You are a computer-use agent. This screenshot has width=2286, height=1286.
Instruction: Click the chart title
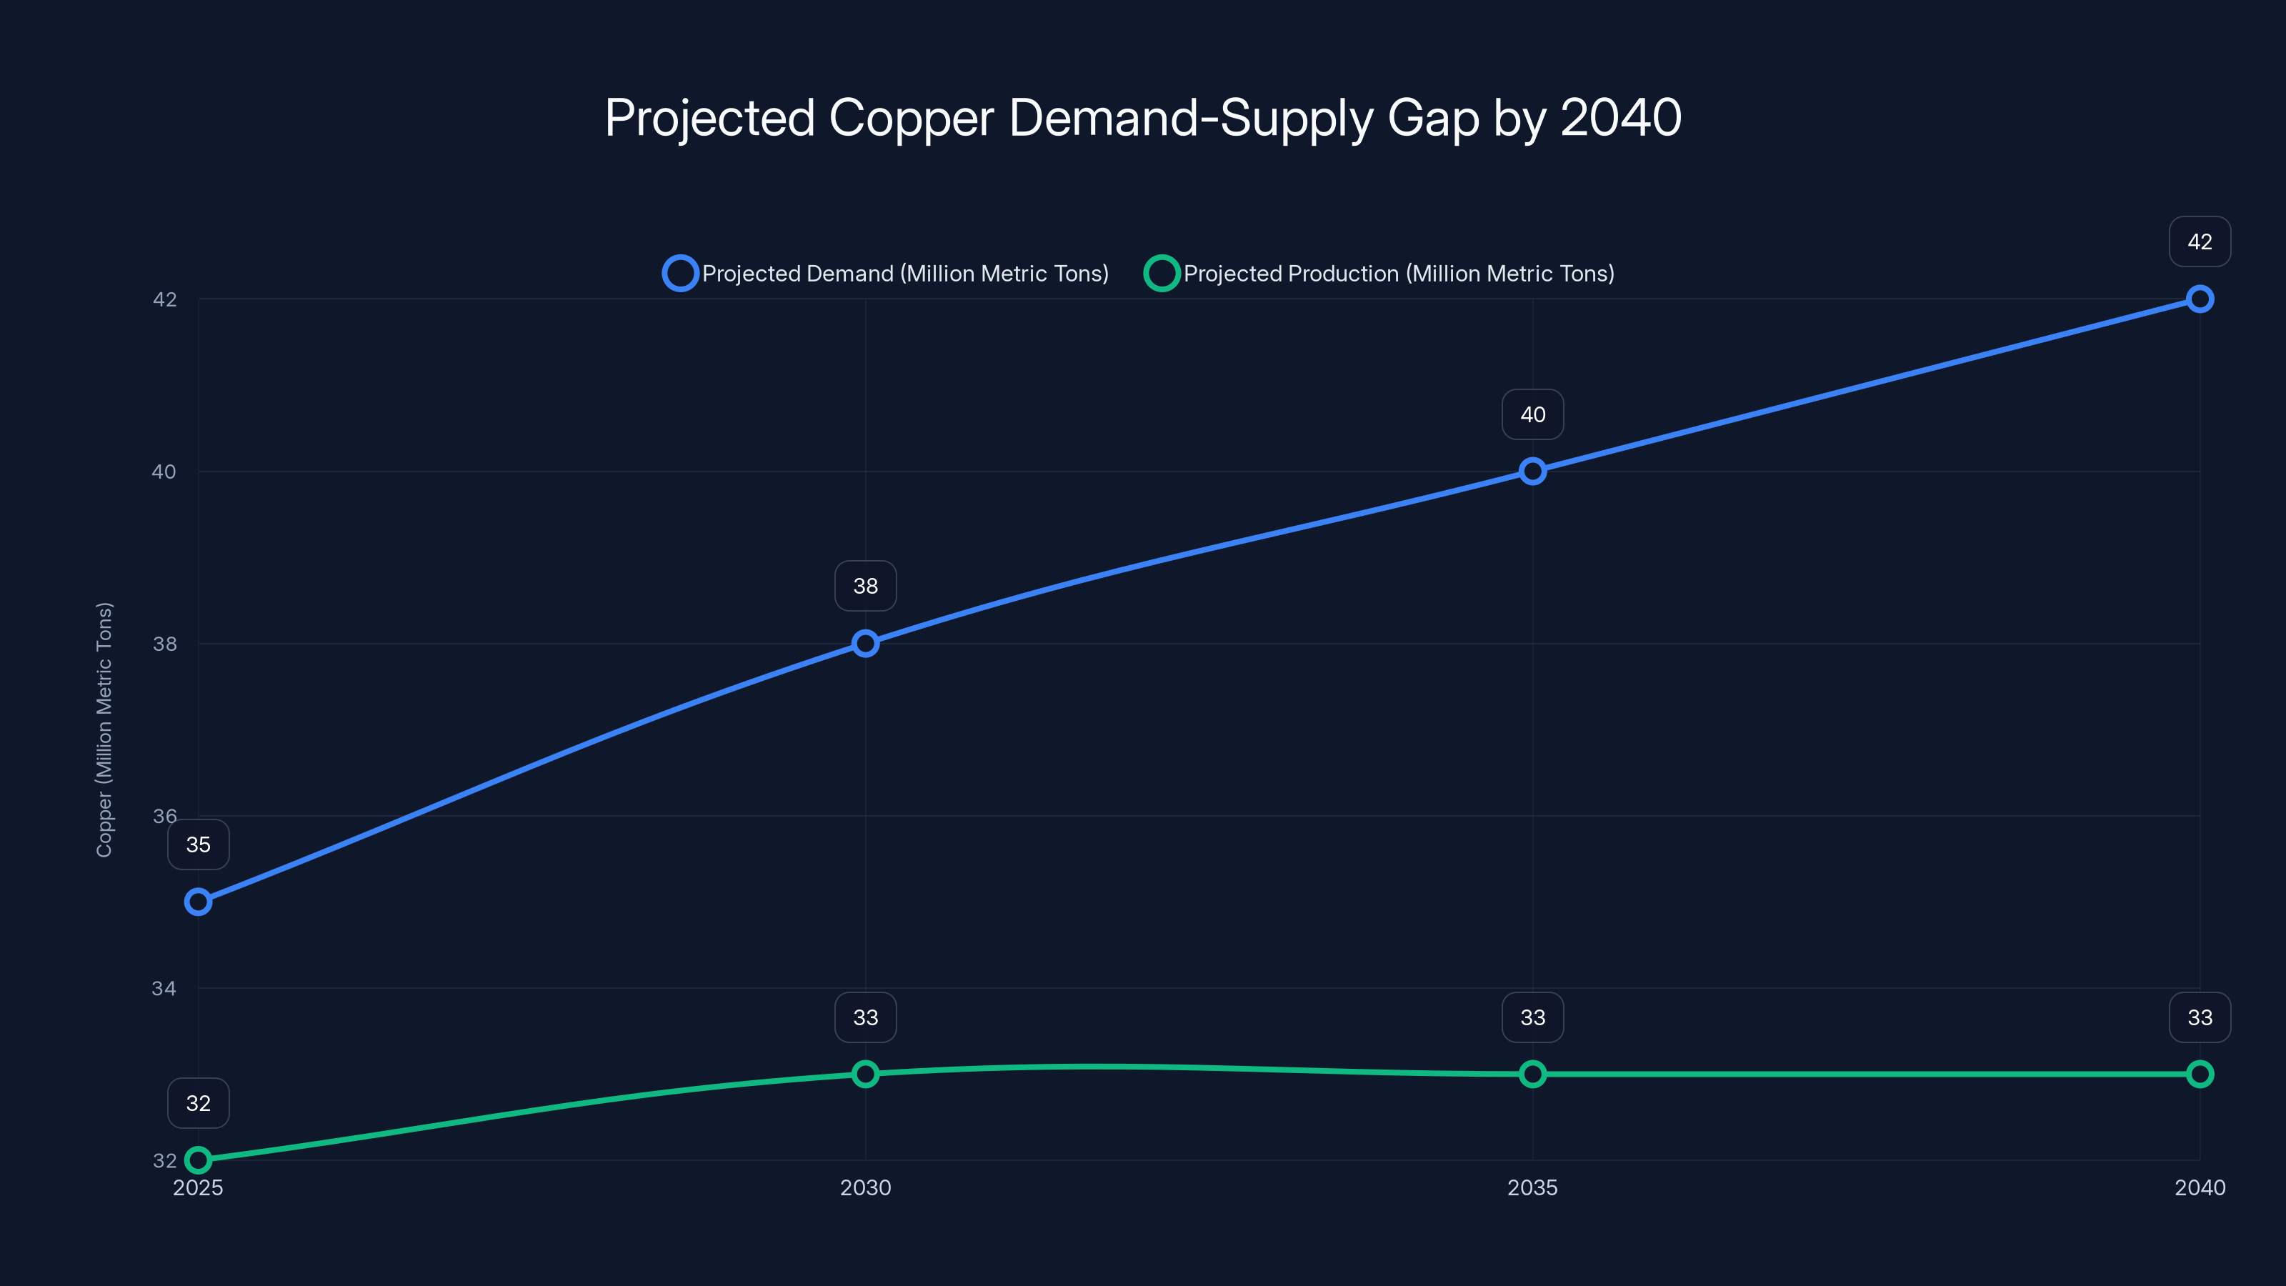point(1143,117)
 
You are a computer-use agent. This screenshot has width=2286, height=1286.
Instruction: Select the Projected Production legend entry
point(1381,274)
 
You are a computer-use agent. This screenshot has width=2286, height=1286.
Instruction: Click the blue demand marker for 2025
point(198,902)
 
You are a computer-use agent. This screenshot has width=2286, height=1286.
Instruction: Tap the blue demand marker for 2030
point(865,644)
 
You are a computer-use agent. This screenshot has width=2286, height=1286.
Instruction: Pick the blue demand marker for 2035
point(1532,472)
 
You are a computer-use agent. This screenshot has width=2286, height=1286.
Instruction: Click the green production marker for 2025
point(198,1160)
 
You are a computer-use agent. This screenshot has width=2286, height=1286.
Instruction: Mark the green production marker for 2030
point(865,1074)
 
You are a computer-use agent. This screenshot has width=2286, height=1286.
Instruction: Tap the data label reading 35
point(198,844)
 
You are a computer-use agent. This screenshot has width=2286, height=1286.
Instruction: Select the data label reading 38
point(865,586)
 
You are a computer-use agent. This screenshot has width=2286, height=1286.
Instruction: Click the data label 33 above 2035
point(1532,1017)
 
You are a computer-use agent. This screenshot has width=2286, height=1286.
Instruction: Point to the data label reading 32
point(198,1103)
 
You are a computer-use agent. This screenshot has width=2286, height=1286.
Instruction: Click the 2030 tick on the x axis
point(865,1187)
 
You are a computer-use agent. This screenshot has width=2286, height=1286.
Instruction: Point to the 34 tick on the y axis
point(164,988)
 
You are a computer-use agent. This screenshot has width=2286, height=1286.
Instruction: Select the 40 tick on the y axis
point(164,472)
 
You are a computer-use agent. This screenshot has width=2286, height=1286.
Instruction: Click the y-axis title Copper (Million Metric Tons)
point(104,729)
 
